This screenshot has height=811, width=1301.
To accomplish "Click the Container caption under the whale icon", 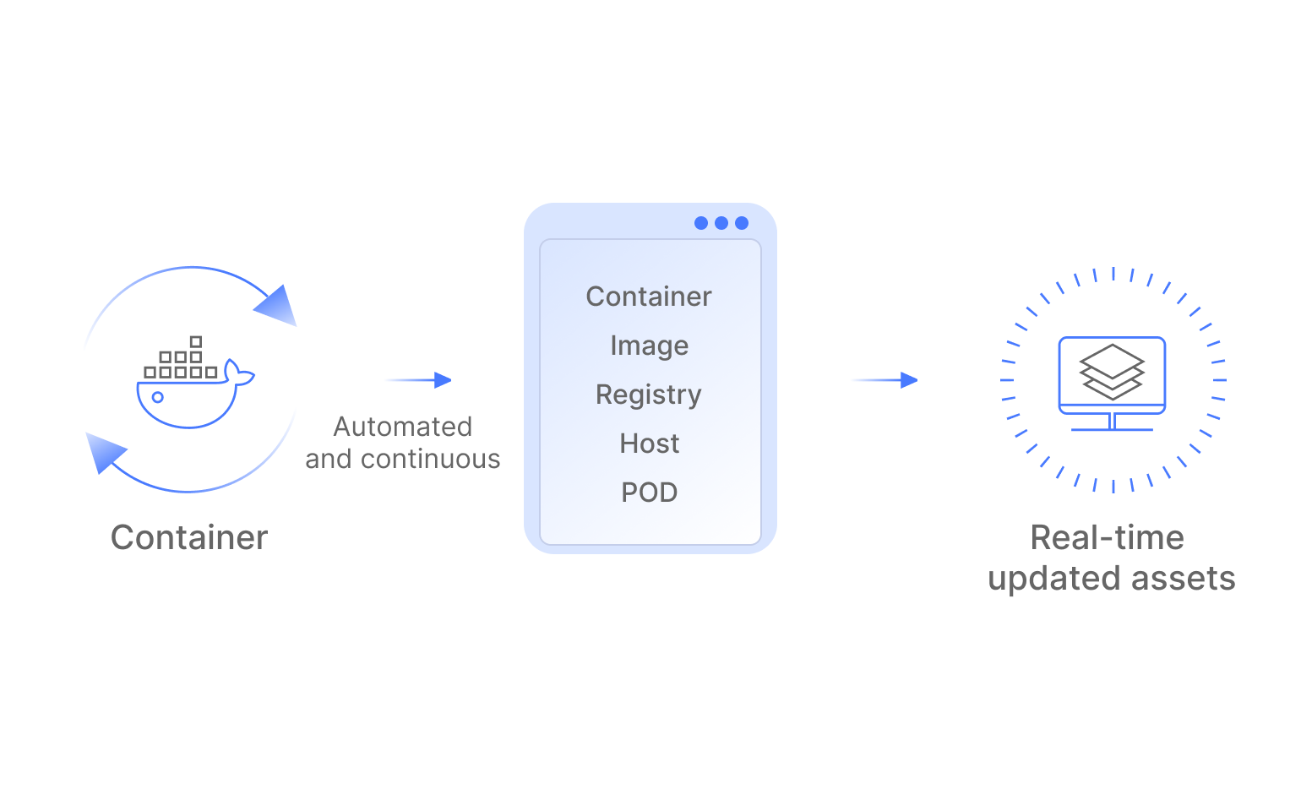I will pos(189,538).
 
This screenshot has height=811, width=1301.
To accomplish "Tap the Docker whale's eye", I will pos(158,397).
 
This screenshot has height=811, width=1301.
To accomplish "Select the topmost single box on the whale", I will pos(196,342).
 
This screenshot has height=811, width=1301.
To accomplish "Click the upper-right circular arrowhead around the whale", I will pos(277,305).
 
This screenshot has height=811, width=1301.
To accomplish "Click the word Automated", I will pos(403,427).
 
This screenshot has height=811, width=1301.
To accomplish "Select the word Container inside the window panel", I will pos(649,297).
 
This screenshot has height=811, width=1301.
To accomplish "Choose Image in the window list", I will pos(649,346).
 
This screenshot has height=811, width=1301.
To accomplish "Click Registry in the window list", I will pos(649,395).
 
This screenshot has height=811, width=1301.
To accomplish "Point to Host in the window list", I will pos(649,444).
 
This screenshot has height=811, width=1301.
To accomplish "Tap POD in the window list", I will pos(649,493).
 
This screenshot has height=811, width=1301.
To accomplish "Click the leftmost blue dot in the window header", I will pos(701,223).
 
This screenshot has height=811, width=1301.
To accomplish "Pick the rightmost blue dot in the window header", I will pos(742,223).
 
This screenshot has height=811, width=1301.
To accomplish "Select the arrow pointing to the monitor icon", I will pos(886,380).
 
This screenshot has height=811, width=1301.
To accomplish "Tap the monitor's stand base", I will pos(1112,429).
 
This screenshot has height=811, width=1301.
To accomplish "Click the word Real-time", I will pos(1107,538).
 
